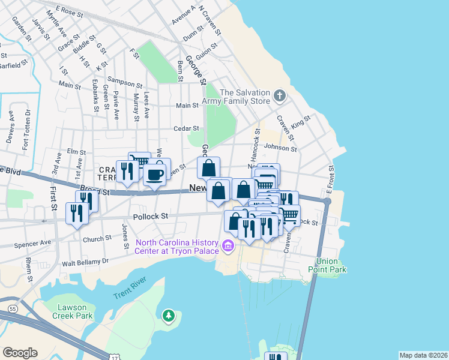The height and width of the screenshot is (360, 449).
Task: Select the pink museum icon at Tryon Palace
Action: (x=228, y=245)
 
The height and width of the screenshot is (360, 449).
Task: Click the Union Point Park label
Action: (x=332, y=265)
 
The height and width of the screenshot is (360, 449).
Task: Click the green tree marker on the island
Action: (x=169, y=315)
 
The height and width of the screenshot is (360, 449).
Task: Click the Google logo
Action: (x=20, y=352)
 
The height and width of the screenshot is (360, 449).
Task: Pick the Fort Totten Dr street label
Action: (x=26, y=127)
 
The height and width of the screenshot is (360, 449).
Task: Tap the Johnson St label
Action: (x=280, y=148)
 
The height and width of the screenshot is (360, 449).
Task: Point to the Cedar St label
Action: (x=186, y=128)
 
